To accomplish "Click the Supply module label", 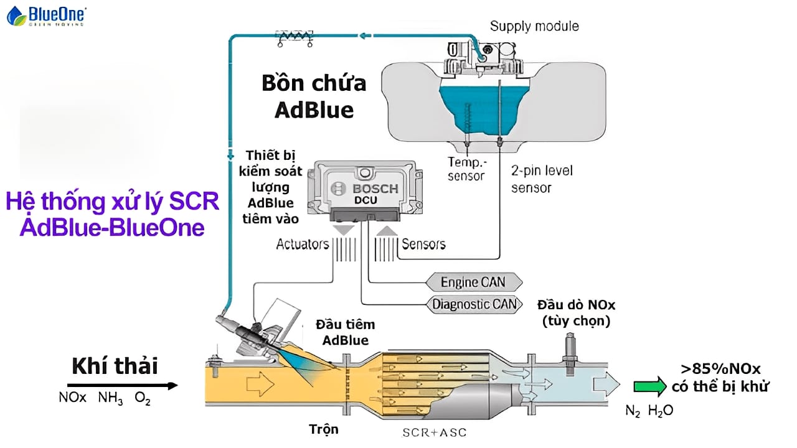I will pos(534,26).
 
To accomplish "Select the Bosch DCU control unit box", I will pos(357,190).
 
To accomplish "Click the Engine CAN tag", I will pos(473,282).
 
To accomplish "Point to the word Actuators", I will pos(302,244).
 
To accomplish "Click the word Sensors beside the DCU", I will pos(423,244).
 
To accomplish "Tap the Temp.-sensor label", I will pos(466,169).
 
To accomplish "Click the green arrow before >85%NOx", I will pos(649,386).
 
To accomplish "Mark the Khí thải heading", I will pos(115,366).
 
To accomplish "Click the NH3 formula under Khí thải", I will pos(110,398).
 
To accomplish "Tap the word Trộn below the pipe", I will pos(324,429).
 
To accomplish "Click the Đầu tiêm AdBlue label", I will pos(342,332).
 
